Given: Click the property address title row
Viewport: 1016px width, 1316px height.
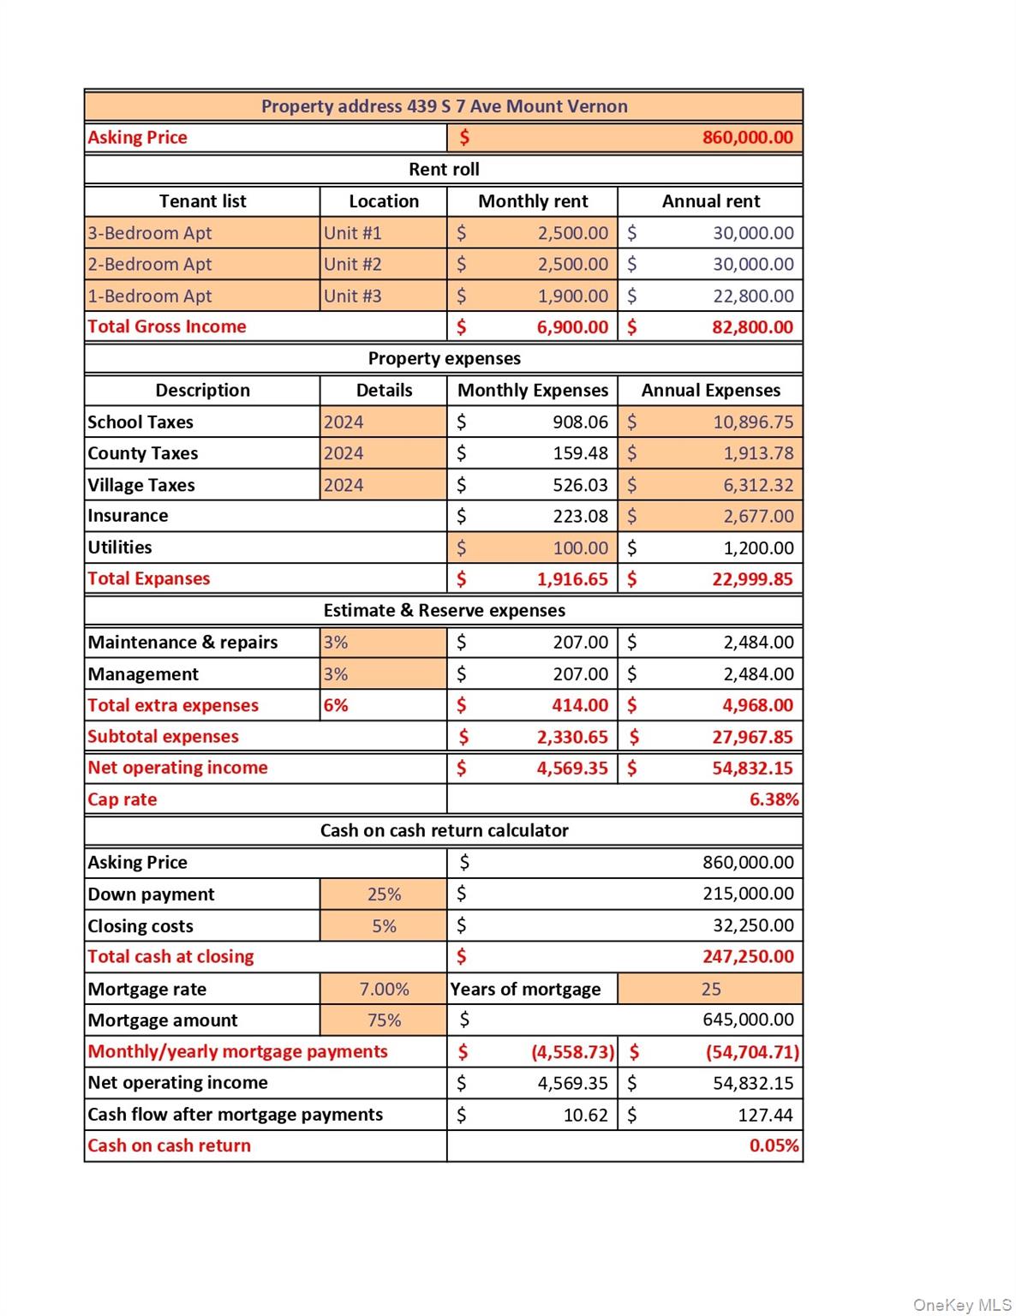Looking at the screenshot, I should click(444, 106).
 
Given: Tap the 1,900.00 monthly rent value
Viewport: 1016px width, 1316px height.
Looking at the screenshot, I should click(572, 296).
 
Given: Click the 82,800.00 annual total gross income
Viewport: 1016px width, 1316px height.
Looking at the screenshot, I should click(752, 327).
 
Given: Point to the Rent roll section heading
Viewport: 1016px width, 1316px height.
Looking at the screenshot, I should click(444, 170).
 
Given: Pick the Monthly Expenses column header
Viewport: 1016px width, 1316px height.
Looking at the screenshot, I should click(533, 391).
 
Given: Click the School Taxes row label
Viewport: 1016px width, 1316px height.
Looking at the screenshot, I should click(140, 422).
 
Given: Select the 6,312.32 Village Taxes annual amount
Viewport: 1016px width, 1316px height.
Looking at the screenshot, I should click(758, 486).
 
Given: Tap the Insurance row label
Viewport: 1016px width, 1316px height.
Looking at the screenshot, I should click(128, 516).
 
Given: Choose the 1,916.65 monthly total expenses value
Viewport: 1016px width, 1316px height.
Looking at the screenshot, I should click(572, 579).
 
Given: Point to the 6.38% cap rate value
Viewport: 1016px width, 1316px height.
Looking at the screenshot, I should click(774, 800).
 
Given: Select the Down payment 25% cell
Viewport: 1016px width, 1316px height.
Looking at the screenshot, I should click(384, 894).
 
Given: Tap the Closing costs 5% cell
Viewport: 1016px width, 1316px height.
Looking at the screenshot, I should click(384, 926).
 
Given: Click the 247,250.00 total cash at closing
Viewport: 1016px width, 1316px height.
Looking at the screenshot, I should click(748, 957).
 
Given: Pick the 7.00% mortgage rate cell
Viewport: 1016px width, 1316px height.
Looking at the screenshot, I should click(384, 990).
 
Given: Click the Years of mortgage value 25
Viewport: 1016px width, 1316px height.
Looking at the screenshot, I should click(711, 990).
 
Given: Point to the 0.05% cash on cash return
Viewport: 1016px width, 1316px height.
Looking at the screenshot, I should click(774, 1146).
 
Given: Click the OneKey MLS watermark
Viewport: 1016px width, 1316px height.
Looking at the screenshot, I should click(962, 1305).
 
